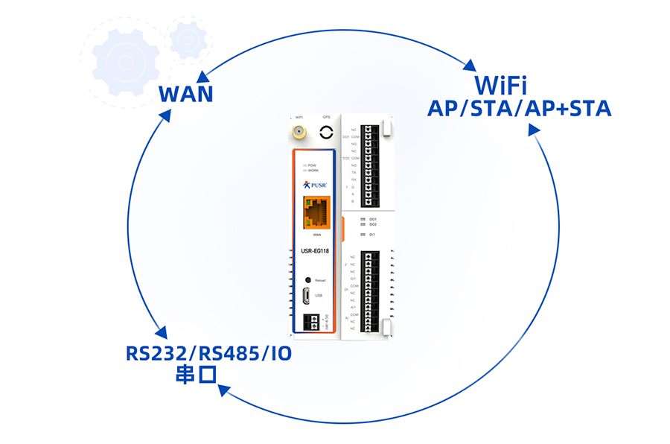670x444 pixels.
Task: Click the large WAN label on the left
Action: click(186, 95)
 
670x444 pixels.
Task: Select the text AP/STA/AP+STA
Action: click(519, 109)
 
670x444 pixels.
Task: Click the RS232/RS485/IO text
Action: click(208, 353)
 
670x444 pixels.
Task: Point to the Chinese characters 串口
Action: click(194, 375)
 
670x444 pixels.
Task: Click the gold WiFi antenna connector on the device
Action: click(298, 134)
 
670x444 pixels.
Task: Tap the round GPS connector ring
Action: click(326, 133)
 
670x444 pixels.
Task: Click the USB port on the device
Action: click(307, 296)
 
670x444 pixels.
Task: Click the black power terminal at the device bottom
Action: click(313, 323)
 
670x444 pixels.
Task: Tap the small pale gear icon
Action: click(188, 39)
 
